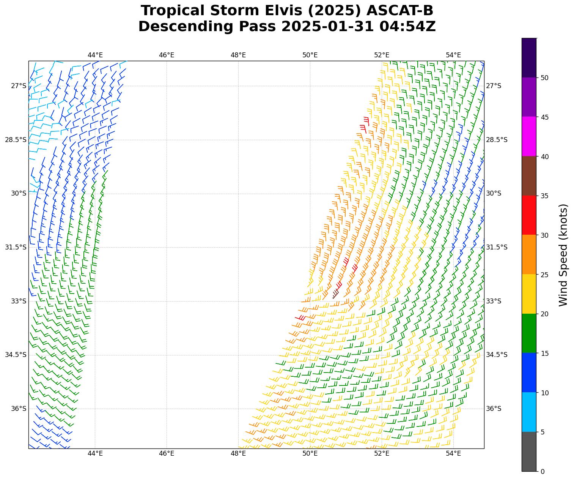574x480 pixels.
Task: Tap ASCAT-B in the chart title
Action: point(406,11)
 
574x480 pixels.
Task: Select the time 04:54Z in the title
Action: point(407,27)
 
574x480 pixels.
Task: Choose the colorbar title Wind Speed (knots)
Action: point(563,255)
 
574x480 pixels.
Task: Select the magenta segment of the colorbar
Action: point(529,136)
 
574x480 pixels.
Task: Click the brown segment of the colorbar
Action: point(529,176)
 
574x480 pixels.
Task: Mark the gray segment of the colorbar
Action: point(529,452)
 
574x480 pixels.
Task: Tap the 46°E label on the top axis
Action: point(167,55)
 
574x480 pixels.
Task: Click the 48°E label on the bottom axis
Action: point(238,453)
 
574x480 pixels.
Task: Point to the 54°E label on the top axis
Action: point(453,55)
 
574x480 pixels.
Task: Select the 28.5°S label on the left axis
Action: point(16,140)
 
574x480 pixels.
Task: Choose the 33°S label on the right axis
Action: point(494,301)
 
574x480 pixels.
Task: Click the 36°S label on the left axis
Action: point(19,409)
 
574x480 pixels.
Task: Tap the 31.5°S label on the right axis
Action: point(497,247)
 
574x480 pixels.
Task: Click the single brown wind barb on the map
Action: point(335,294)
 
